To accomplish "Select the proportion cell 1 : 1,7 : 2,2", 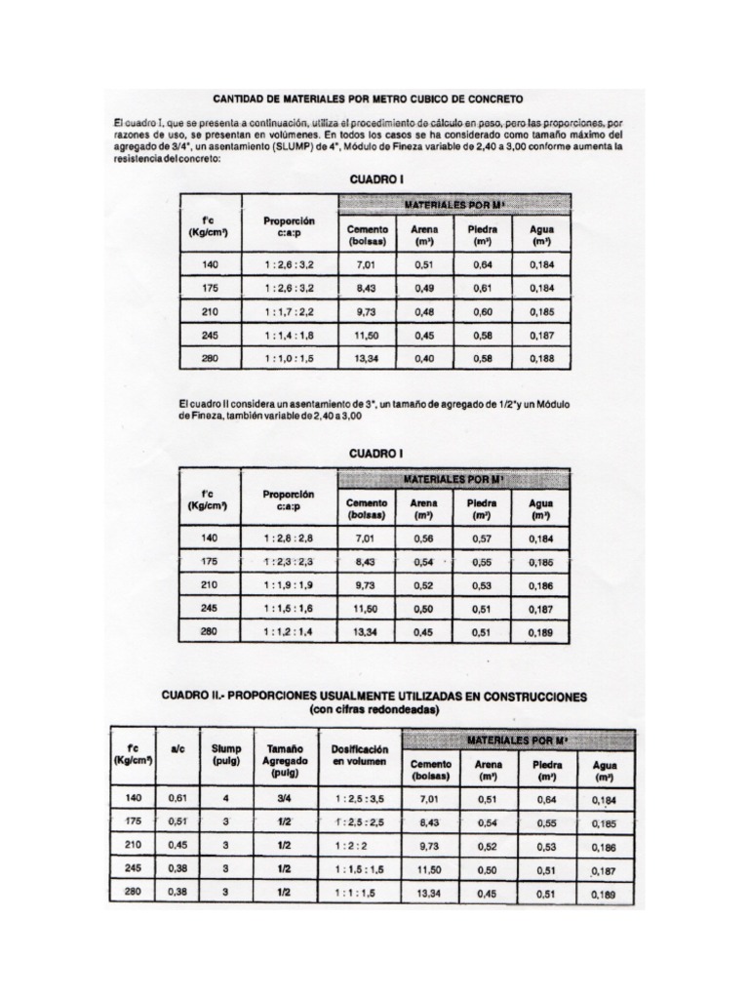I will coord(289,311).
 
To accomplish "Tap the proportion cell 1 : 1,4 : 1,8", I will coord(289,335).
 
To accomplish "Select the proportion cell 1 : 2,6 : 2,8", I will coord(289,538).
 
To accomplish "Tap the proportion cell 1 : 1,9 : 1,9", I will coord(289,584).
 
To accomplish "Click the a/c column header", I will coord(177,749).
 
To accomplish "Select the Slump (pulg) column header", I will coord(225,754).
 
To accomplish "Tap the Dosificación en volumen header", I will coord(359,754).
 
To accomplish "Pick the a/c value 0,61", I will coord(177,797).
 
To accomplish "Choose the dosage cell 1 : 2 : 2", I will coord(358,845).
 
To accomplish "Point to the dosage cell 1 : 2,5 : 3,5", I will coord(359,797).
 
